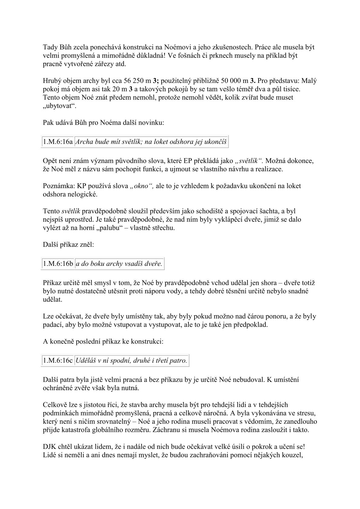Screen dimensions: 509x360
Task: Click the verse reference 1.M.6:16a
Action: [57, 142]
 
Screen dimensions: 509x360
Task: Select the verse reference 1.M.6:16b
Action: [58, 263]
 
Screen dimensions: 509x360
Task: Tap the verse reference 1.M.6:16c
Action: [58, 361]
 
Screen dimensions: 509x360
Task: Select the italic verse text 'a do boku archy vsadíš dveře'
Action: [119, 263]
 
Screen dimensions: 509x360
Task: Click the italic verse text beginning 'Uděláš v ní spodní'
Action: [131, 361]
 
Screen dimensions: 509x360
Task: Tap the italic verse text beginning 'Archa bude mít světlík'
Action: [151, 142]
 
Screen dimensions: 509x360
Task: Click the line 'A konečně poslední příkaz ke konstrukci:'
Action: [103, 341]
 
